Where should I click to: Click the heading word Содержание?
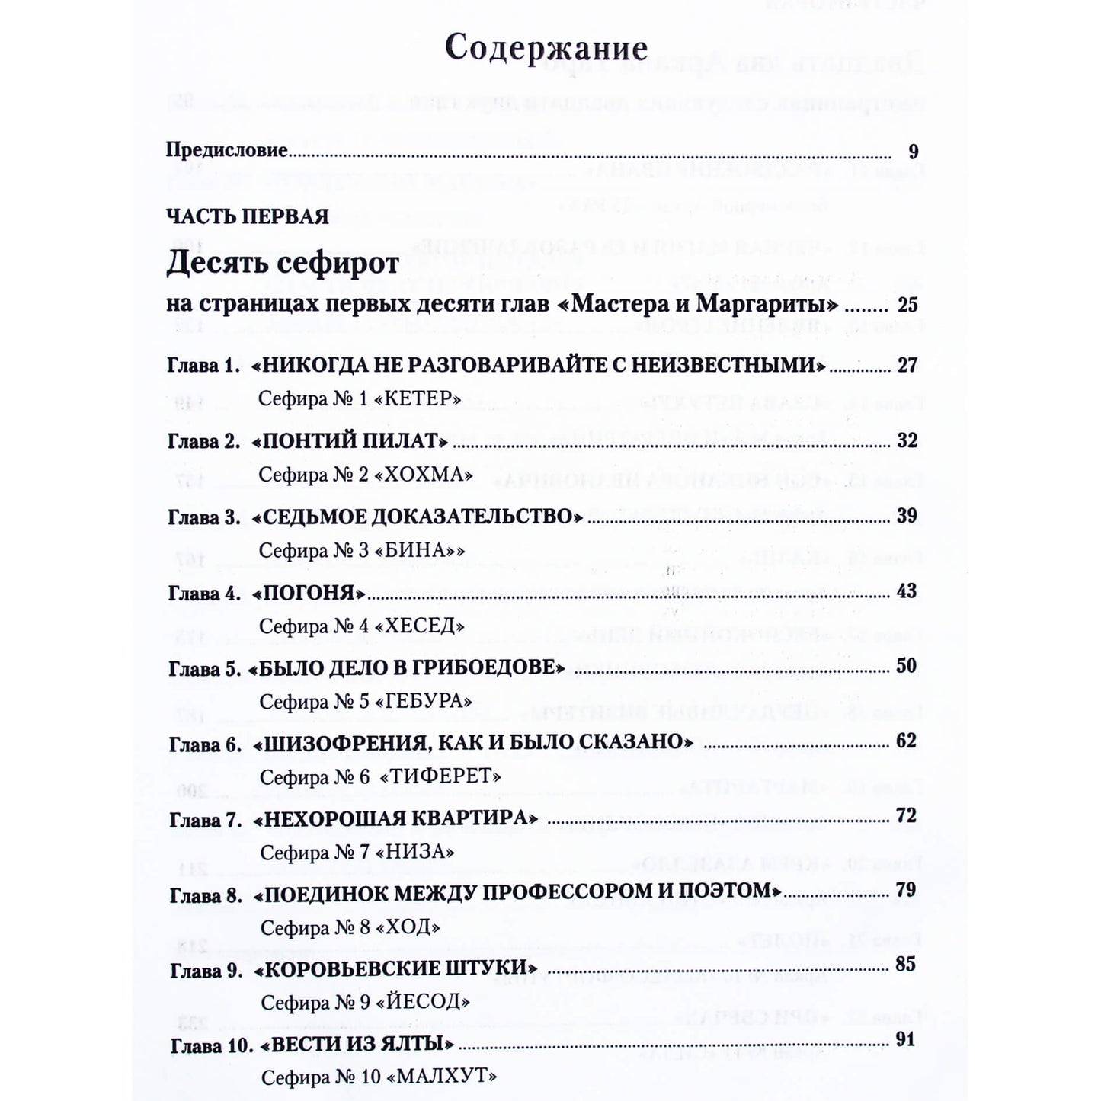546,49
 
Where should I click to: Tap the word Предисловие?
226,150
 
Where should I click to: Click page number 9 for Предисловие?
913,151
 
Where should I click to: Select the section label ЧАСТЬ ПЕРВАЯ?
248,216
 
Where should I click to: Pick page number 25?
907,306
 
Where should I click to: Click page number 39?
907,516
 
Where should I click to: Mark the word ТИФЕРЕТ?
441,776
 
